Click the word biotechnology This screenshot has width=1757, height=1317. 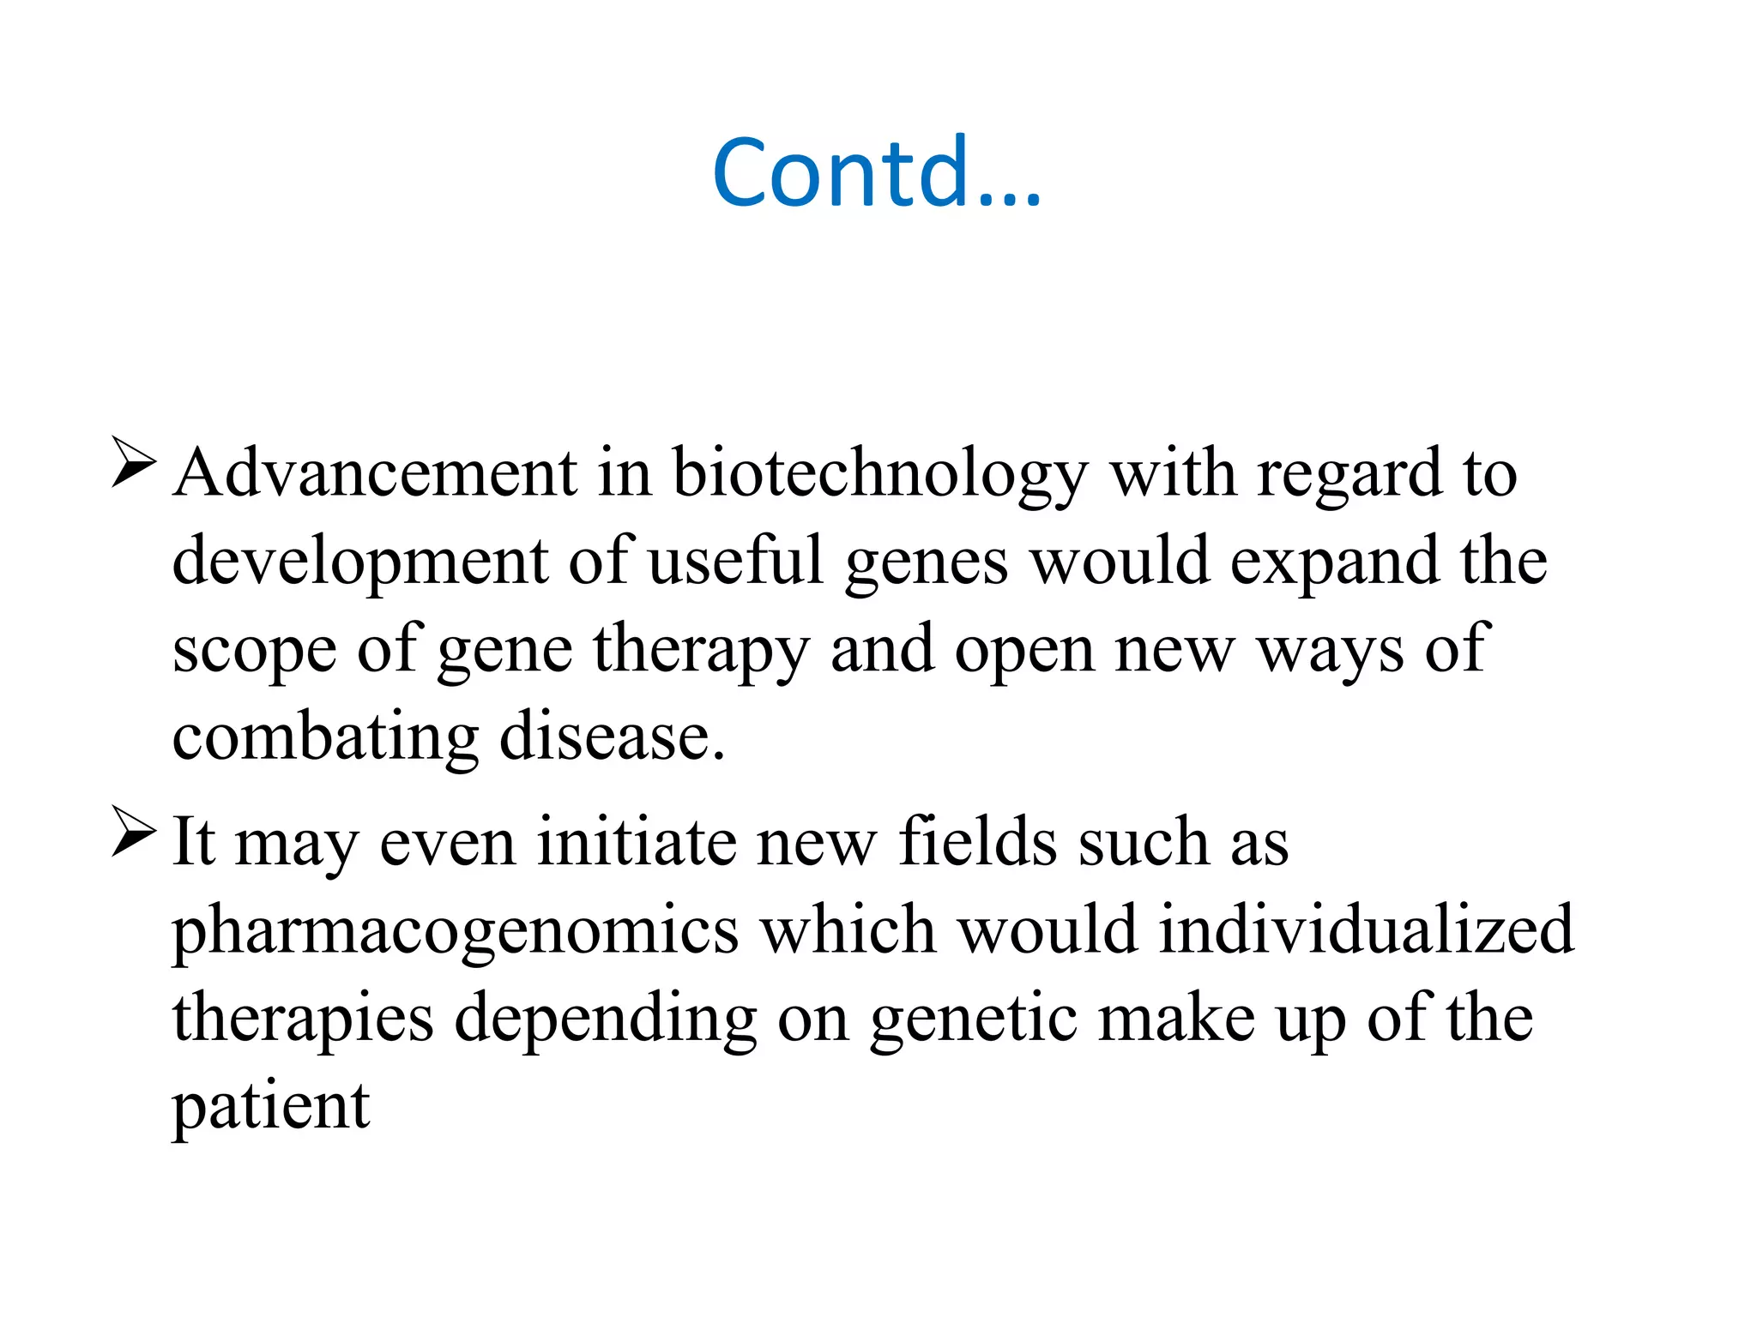click(879, 474)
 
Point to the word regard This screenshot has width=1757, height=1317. click(1349, 474)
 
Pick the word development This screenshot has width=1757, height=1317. click(359, 562)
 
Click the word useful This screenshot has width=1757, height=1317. click(735, 561)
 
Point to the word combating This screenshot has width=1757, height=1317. click(325, 737)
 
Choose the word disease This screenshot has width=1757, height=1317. click(612, 737)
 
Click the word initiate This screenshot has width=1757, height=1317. click(636, 842)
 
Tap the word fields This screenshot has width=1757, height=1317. click(978, 842)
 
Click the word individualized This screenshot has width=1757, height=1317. click(1366, 930)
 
